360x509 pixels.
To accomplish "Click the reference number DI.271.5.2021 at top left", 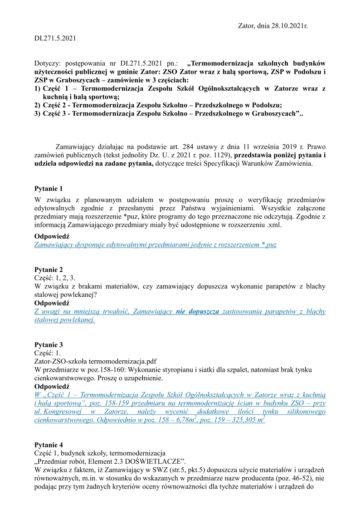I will click(55, 39).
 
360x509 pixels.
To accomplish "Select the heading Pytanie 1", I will click(49, 188).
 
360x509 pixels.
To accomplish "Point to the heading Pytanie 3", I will click(49, 344).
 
